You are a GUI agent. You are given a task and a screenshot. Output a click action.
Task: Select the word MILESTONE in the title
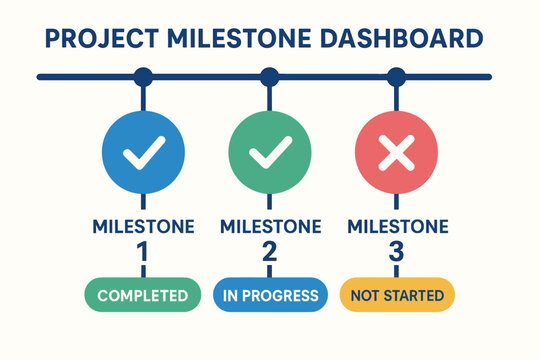[x=239, y=41]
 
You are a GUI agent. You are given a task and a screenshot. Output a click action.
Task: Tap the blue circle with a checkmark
[x=143, y=153]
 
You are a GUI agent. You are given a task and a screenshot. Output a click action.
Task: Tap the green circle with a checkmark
[x=269, y=153]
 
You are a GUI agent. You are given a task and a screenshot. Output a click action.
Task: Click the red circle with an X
[x=396, y=153]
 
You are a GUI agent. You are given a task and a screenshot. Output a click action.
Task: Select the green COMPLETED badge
[x=142, y=295]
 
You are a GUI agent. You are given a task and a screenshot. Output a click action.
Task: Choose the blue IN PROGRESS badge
[x=269, y=295]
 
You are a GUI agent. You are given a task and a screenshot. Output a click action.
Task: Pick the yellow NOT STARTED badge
[x=397, y=295]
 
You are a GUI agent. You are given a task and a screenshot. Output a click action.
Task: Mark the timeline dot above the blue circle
[x=143, y=76]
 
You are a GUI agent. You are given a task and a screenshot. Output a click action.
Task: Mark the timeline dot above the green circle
[x=269, y=76]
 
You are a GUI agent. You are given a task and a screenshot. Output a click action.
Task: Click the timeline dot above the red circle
[x=396, y=76]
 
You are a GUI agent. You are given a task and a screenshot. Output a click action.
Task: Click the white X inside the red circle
[x=396, y=153]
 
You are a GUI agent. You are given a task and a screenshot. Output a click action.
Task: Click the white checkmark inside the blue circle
[x=143, y=154]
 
